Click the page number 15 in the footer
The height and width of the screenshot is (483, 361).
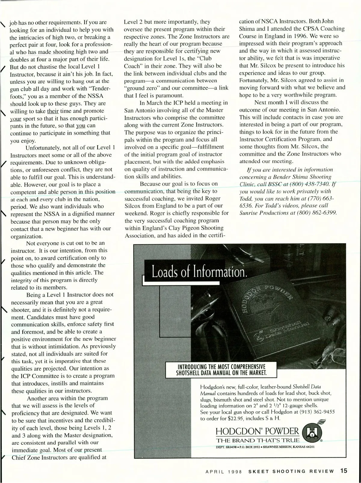tap(344, 470)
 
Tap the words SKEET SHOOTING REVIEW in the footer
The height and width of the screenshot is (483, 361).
tap(291, 471)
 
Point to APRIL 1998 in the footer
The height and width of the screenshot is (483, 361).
tap(224, 471)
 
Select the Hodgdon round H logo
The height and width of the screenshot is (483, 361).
tap(310, 433)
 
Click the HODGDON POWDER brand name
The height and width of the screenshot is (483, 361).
tap(258, 431)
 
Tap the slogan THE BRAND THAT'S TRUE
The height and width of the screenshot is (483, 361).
tap(258, 440)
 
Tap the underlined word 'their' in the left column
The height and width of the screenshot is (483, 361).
tap(53, 111)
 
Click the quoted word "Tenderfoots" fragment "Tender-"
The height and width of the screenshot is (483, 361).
tap(99, 89)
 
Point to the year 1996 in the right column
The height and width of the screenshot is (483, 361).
tap(313, 36)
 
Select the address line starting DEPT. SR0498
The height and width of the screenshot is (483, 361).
tap(265, 447)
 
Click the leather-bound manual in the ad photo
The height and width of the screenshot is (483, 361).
tap(271, 316)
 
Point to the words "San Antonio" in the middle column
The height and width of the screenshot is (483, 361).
tap(140, 110)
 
